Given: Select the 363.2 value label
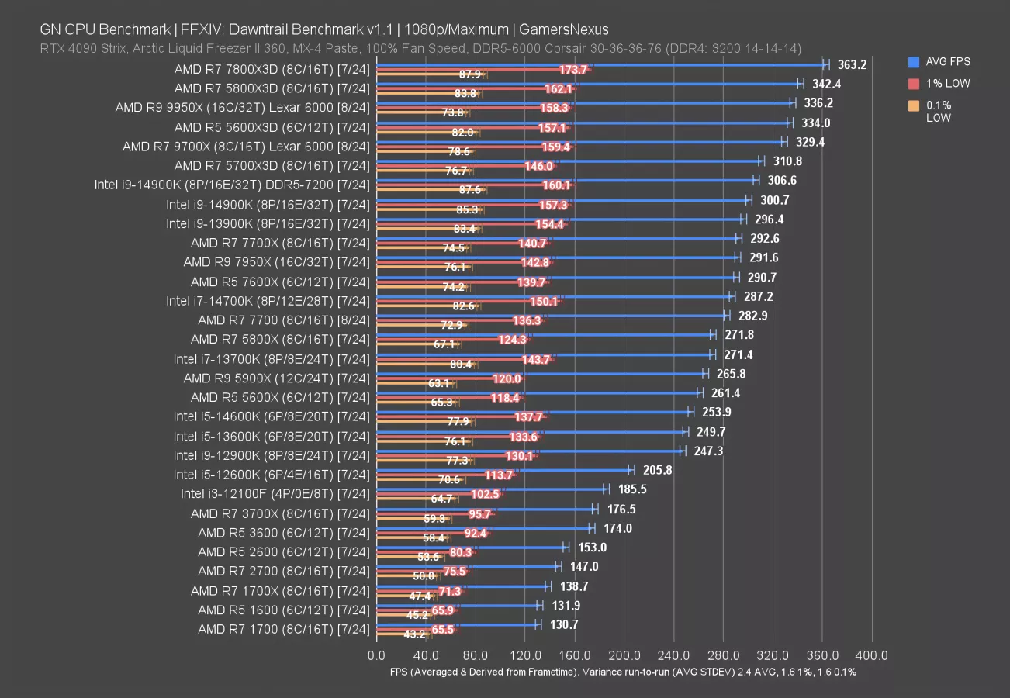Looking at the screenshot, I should pyautogui.click(x=853, y=64).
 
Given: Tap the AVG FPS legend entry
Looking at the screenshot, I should pyautogui.click(x=939, y=62).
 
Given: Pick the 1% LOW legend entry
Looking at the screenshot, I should pyautogui.click(x=939, y=84).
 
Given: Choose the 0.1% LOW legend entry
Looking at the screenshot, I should pyautogui.click(x=939, y=112).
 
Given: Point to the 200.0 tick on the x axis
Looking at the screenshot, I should pyautogui.click(x=624, y=655).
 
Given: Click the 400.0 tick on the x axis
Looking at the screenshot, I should pyautogui.click(x=873, y=655).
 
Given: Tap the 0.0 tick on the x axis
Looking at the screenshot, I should pyautogui.click(x=376, y=655).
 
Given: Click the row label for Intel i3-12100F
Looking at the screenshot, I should pyautogui.click(x=275, y=494).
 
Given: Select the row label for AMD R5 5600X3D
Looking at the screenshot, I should pyautogui.click(x=272, y=126).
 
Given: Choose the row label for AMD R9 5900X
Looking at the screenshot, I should pyautogui.click(x=275, y=378).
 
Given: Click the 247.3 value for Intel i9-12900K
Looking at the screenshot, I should pyautogui.click(x=707, y=451).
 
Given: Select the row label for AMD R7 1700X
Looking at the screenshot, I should pyautogui.click(x=279, y=591).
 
